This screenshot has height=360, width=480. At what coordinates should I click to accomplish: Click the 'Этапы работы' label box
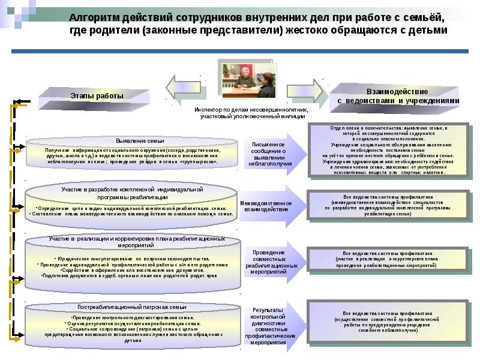97,96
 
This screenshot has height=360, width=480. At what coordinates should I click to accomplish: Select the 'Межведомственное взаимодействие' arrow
266,206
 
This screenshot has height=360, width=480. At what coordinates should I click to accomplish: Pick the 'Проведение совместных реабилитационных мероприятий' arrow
268,262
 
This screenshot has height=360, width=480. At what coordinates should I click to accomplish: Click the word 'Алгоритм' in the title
106,19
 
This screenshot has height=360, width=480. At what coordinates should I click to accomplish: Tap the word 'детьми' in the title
427,31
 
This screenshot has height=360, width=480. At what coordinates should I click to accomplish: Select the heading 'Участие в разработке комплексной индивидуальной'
133,190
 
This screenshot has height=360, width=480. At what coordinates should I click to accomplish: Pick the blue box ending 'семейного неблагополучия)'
386,322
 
